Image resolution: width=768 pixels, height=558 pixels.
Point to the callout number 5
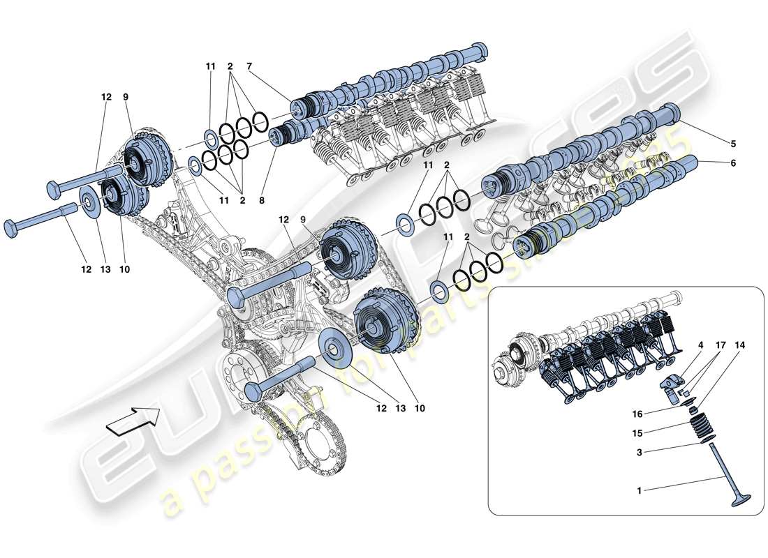click(x=732, y=144)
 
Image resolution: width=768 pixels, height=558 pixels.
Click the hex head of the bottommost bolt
click(x=253, y=389)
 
